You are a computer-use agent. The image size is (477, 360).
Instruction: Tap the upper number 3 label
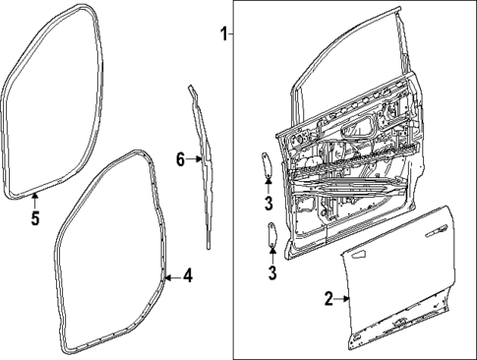[x=268, y=204]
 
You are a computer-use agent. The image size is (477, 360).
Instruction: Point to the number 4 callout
[x=187, y=276]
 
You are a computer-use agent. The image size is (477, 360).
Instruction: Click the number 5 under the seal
[x=34, y=218]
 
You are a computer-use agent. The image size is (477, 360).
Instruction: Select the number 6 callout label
[x=180, y=159]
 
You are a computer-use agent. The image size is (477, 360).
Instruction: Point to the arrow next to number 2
[x=342, y=297]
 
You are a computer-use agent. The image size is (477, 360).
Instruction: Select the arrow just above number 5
[x=34, y=200]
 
